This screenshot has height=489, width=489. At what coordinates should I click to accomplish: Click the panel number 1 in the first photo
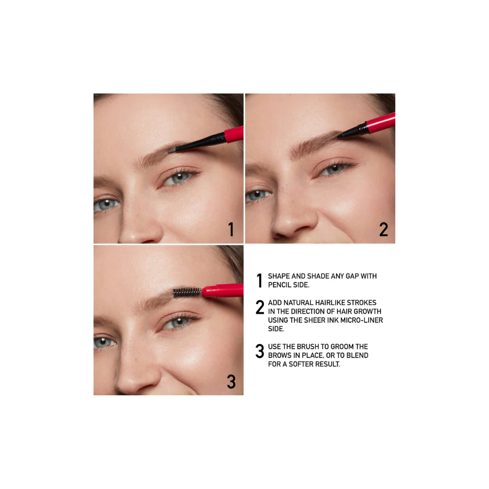[x=231, y=230]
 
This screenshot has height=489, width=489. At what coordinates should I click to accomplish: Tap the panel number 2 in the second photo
[x=384, y=230]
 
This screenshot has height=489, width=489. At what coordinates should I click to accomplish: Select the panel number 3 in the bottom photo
[x=231, y=382]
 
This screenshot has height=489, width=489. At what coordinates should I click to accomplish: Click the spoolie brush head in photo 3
[x=187, y=292]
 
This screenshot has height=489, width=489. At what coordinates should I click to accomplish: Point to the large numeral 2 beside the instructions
[x=260, y=308]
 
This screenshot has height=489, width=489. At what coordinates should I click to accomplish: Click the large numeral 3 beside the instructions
[x=260, y=352]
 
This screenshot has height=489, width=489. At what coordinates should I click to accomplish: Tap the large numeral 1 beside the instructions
[x=259, y=281]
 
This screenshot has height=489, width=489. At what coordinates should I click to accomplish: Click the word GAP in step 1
[x=351, y=276]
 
